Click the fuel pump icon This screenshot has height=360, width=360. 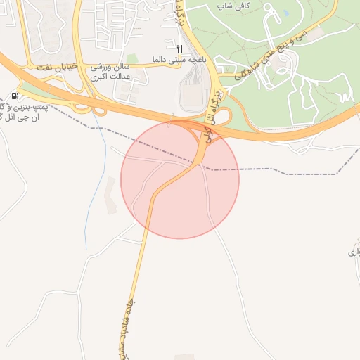coord(15,96)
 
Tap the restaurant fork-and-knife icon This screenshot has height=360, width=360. coord(179,49)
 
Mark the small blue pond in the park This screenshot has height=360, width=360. coord(286,13)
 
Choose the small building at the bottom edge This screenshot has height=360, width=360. coord(184,356)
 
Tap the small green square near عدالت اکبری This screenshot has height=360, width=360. coord(131,59)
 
